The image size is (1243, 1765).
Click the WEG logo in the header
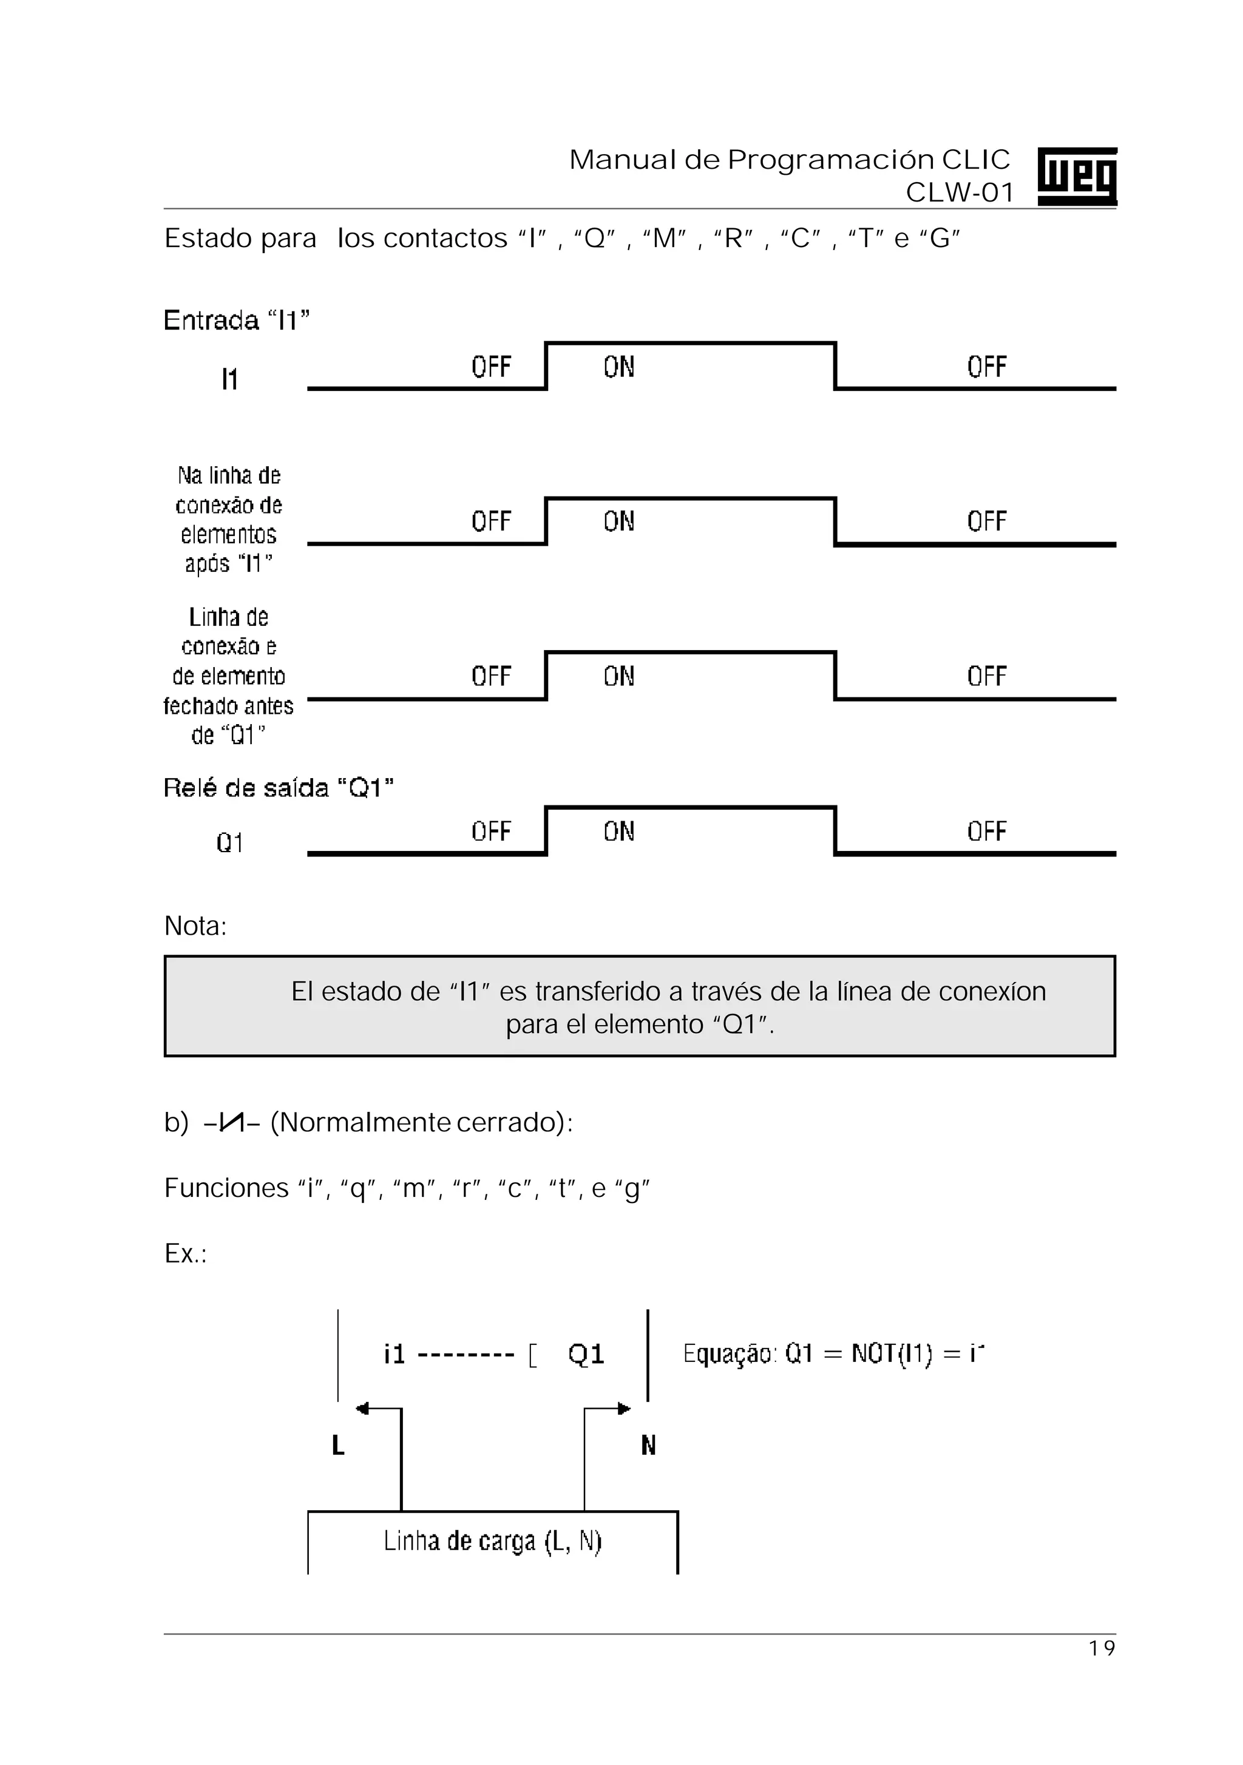(1076, 176)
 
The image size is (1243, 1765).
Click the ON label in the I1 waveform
(619, 367)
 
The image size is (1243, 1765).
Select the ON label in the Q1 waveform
(619, 831)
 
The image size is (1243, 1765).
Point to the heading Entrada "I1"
(237, 320)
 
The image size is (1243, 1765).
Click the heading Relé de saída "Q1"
(278, 788)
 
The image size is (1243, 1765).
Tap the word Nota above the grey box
(195, 926)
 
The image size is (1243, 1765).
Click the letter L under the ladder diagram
(337, 1446)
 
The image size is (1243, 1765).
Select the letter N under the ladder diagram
(648, 1446)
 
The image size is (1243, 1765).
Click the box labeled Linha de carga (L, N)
(493, 1540)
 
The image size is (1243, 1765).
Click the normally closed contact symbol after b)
(231, 1123)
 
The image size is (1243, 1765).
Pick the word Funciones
(226, 1188)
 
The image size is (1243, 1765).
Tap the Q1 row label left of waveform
(229, 843)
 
